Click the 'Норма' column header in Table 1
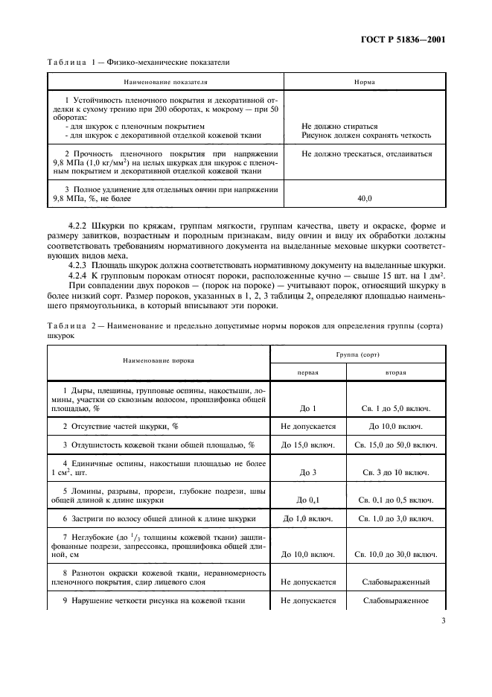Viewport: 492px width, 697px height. pyautogui.click(x=365, y=83)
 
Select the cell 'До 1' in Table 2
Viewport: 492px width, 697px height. pyautogui.click(x=308, y=409)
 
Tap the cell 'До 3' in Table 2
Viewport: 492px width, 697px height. pyautogui.click(x=308, y=472)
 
